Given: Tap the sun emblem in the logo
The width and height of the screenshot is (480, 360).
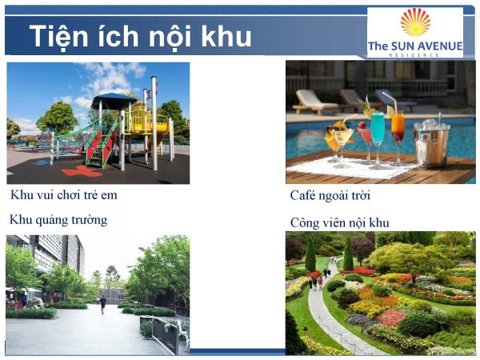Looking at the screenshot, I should click(414, 22).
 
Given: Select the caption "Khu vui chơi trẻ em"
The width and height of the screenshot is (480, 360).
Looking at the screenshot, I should click(69, 194).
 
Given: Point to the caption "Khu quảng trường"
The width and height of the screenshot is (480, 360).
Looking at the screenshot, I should click(58, 219).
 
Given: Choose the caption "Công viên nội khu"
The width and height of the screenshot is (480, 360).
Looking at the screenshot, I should click(340, 222).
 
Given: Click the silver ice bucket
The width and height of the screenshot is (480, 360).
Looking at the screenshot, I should click(430, 144).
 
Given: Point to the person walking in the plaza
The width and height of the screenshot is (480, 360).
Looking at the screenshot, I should click(102, 303).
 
